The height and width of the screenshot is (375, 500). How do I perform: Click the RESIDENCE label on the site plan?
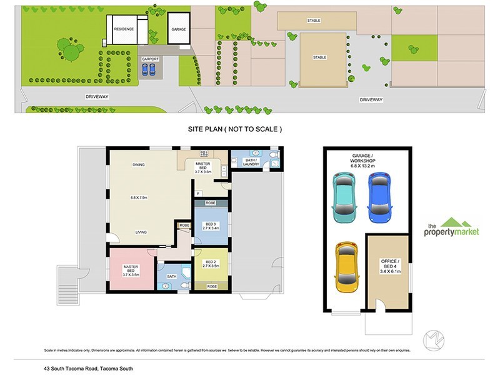pos(122,29)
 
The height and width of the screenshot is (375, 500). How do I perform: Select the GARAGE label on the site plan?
pos(179,29)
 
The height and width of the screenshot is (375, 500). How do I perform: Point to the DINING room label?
pos(139,165)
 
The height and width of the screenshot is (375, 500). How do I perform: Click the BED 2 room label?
pos(209,264)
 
